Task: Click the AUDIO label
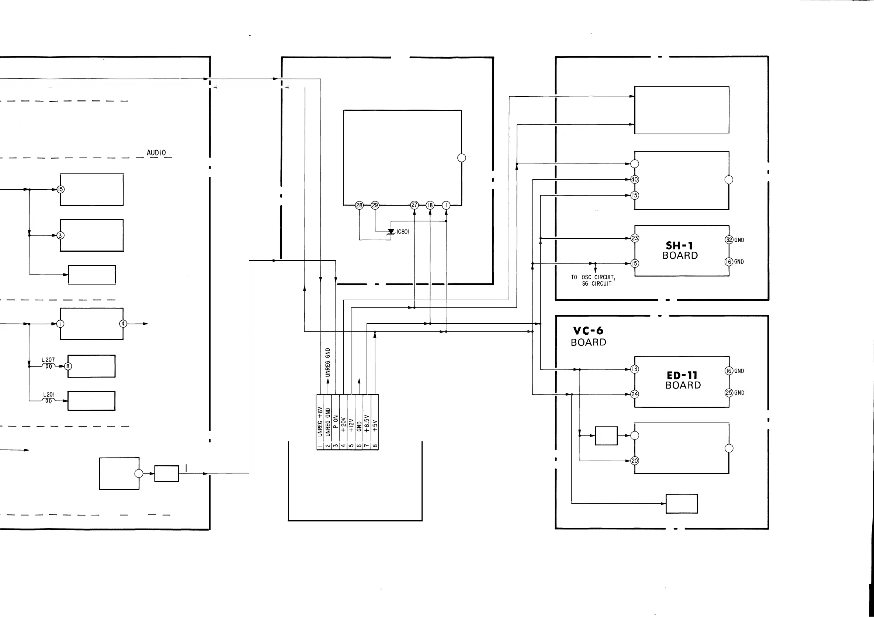point(156,153)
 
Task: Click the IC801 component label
point(403,232)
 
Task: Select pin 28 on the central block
point(359,205)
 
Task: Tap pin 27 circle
point(414,205)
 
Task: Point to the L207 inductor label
point(48,359)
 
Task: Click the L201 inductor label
point(49,395)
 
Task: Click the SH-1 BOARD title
point(680,250)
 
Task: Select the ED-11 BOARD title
point(683,380)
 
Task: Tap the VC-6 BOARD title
point(588,336)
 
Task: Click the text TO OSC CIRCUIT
point(593,277)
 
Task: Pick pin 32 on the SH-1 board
point(729,239)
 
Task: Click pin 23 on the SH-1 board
point(635,238)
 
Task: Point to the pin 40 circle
point(635,179)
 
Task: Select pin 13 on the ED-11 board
point(635,369)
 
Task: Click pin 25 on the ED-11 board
point(729,393)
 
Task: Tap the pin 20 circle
point(635,461)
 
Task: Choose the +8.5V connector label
point(367,423)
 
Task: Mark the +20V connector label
point(343,424)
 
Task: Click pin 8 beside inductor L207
point(68,366)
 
